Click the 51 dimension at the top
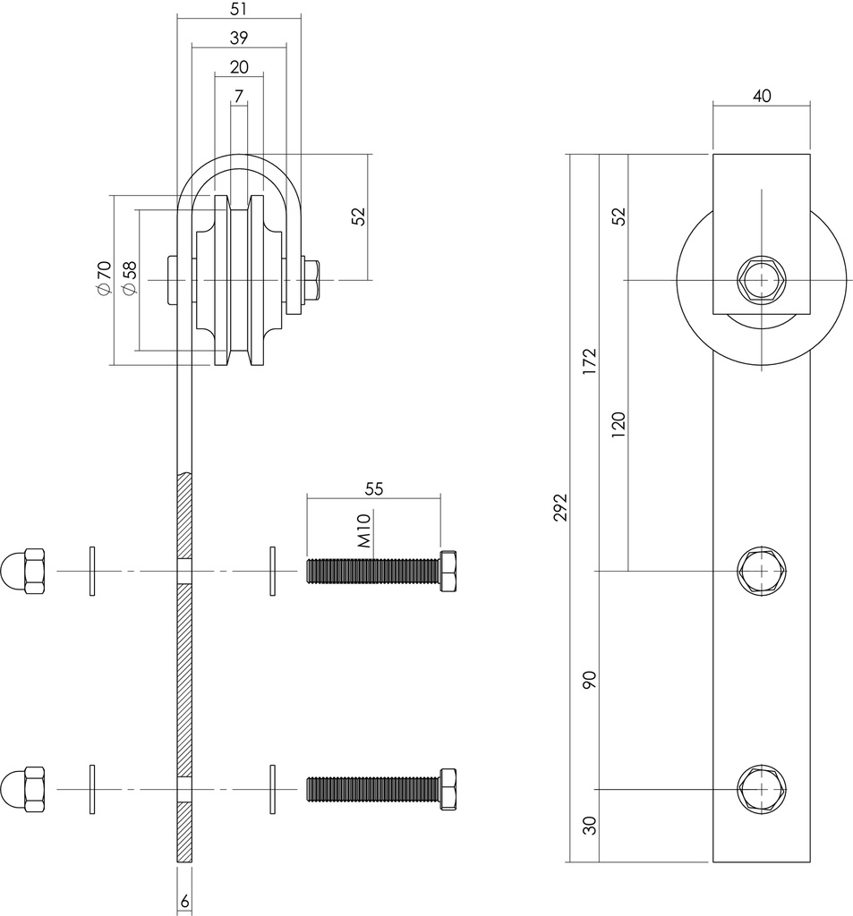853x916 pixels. coord(239,9)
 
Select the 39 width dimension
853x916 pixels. coord(239,38)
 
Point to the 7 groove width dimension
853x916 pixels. coord(239,95)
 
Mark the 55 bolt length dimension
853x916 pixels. coord(373,488)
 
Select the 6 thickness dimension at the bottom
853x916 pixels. coord(184,903)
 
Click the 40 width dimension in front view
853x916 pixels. coord(761,97)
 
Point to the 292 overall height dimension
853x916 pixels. coord(560,506)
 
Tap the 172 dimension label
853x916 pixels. coord(589,362)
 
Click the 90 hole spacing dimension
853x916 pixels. coord(589,680)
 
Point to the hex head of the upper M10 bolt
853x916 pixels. coord(449,570)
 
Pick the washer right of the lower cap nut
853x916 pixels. coord(92,789)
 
